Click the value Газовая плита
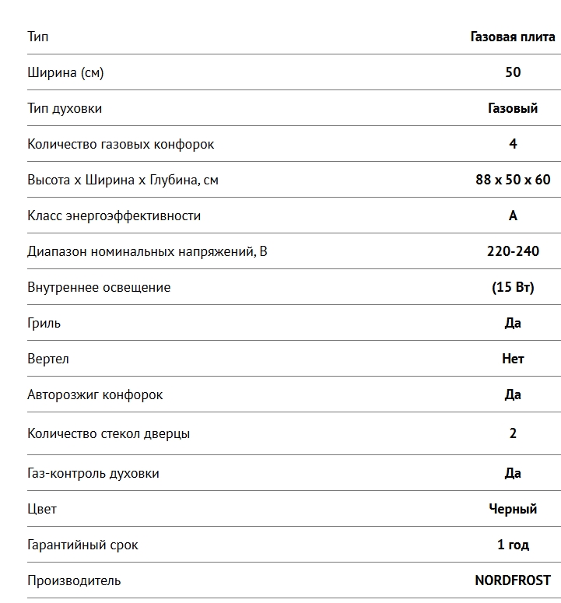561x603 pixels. (x=513, y=37)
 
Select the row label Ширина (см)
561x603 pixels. (x=65, y=72)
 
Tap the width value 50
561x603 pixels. (x=513, y=72)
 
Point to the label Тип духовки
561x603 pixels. (x=65, y=108)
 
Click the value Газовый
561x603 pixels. (x=513, y=108)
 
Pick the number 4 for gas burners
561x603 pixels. (x=513, y=144)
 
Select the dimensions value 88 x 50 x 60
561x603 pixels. (x=513, y=180)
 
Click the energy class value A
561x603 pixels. (x=513, y=216)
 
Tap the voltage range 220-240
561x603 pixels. (x=513, y=251)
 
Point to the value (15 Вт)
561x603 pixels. (x=513, y=287)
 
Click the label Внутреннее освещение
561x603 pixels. (x=99, y=287)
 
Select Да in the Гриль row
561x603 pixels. (x=513, y=323)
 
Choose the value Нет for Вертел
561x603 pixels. (x=513, y=359)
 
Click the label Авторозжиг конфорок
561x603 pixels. (x=95, y=394)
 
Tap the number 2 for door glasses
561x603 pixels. (x=513, y=433)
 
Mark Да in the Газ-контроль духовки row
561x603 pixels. (x=513, y=473)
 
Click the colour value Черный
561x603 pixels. (x=513, y=509)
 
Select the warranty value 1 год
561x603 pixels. (x=513, y=545)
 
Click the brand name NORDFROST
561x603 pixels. (x=513, y=580)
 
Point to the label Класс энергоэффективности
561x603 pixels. (x=114, y=216)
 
